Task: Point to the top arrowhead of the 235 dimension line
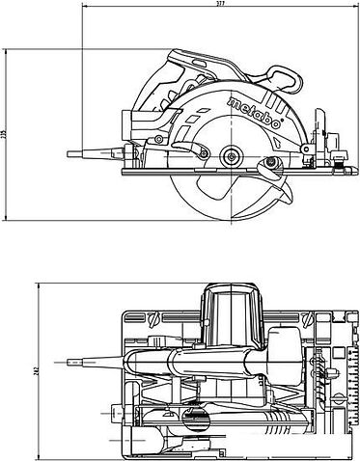coord(14,46)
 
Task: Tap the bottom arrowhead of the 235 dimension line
coord(14,222)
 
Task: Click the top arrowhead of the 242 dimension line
coord(38,286)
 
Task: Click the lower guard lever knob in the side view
coord(286,194)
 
